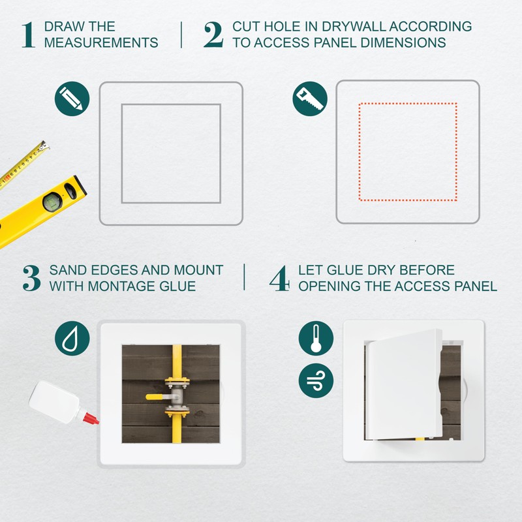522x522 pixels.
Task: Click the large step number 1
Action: click(27, 35)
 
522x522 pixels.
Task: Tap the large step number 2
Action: click(213, 35)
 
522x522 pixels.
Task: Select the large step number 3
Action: click(31, 278)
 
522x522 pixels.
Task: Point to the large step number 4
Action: click(279, 278)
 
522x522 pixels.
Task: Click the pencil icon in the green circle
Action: click(71, 99)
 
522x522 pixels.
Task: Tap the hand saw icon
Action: click(309, 99)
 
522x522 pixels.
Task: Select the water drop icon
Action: click(71, 339)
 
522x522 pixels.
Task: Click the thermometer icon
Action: click(316, 339)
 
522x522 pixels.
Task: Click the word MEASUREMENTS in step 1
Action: click(101, 43)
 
